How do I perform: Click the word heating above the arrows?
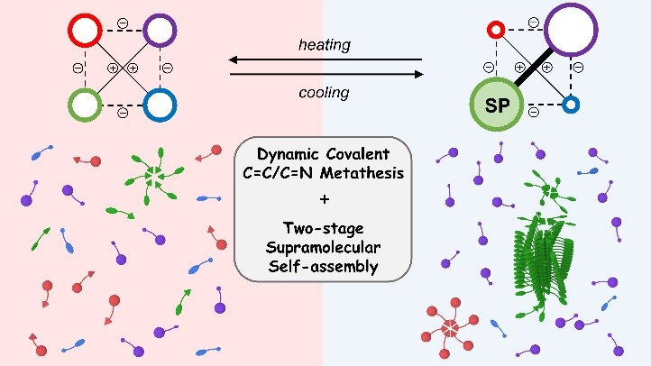[x=325, y=44]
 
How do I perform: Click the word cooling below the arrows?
[x=325, y=91]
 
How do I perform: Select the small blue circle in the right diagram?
[x=569, y=105]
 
